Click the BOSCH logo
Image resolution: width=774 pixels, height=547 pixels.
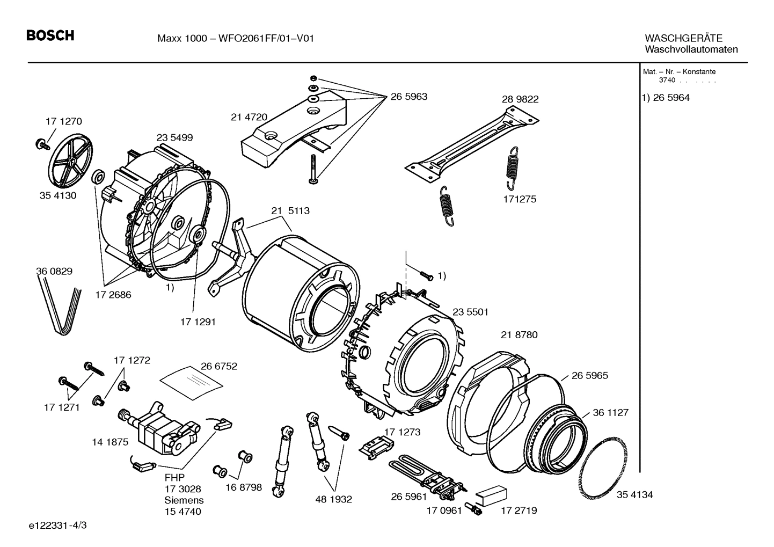pyautogui.click(x=50, y=36)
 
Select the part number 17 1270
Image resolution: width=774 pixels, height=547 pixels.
pyautogui.click(x=63, y=121)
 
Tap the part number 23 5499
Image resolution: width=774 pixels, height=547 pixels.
pyautogui.click(x=174, y=137)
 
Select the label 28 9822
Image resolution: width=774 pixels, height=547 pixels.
pyautogui.click(x=520, y=99)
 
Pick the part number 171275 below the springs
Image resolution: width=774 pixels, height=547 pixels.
pyautogui.click(x=519, y=199)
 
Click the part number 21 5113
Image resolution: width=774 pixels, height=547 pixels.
pyautogui.click(x=290, y=211)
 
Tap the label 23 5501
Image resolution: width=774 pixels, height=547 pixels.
pyautogui.click(x=470, y=312)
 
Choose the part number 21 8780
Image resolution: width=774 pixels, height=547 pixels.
pyautogui.click(x=519, y=335)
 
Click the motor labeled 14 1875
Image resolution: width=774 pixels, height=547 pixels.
pyautogui.click(x=156, y=427)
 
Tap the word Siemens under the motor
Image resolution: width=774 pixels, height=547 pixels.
pyautogui.click(x=184, y=500)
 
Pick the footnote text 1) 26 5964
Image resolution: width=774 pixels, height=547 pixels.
pyautogui.click(x=666, y=98)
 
